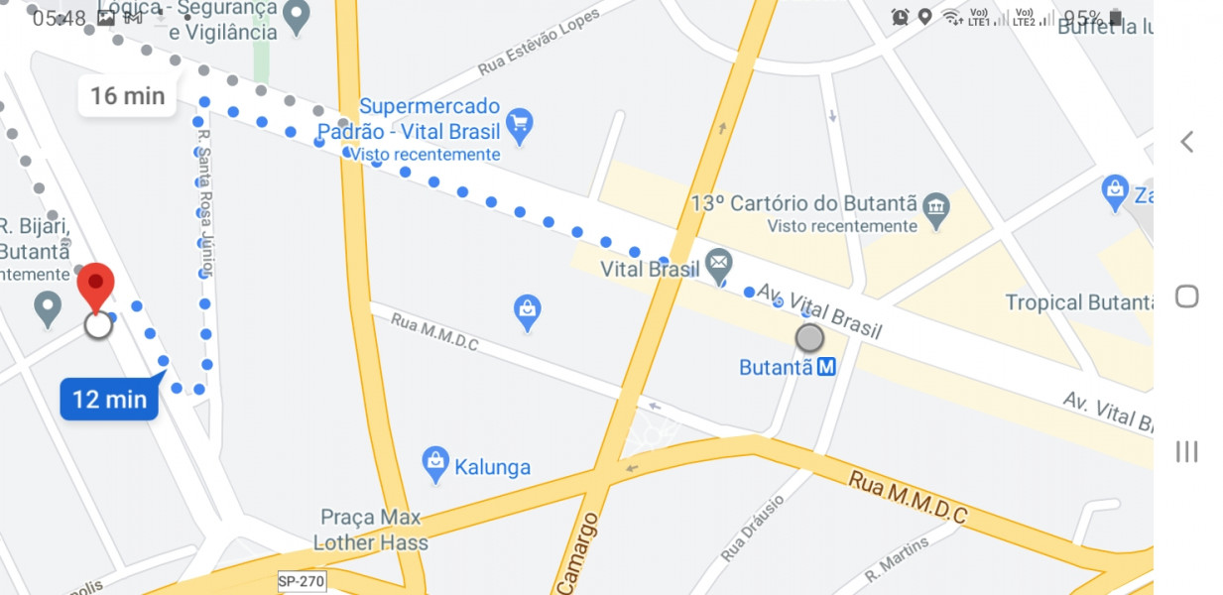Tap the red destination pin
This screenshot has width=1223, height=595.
(96, 286)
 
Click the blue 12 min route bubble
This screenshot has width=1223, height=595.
(109, 399)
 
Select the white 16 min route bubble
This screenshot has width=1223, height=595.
(127, 96)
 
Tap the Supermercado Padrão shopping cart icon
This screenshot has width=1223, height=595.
(519, 125)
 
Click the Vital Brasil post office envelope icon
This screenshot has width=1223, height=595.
(719, 265)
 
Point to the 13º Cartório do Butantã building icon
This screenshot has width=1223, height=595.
(935, 206)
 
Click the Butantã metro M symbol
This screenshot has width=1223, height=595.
(826, 367)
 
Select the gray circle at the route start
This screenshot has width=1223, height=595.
(809, 338)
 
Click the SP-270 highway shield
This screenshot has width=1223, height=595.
(301, 581)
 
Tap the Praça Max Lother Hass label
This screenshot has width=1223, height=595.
(371, 530)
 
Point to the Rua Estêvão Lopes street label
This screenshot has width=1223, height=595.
(540, 43)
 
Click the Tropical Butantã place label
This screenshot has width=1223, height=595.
(1078, 302)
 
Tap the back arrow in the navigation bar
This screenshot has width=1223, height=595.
(1186, 142)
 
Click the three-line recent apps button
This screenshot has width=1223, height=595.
(1186, 451)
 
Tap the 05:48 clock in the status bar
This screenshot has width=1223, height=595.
(59, 18)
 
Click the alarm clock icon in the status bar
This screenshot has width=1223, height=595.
(900, 17)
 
